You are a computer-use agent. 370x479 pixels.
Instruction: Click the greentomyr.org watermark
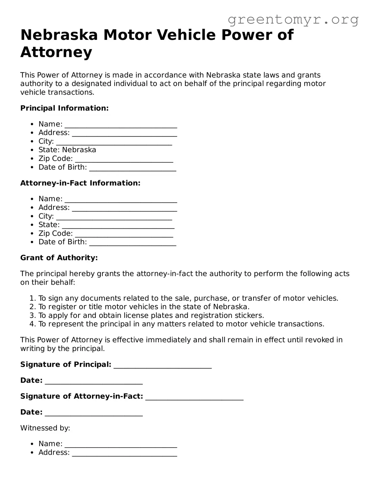pyautogui.click(x=293, y=20)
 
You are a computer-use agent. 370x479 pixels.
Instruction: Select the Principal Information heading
pyautogui.click(x=64, y=108)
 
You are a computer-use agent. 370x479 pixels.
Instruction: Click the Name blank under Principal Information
pyautogui.click(x=121, y=125)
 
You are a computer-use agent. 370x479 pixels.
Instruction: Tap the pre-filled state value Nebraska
pyautogui.click(x=79, y=150)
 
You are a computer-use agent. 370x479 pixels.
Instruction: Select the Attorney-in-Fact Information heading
pyautogui.click(x=80, y=183)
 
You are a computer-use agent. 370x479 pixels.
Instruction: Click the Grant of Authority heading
pyautogui.click(x=59, y=258)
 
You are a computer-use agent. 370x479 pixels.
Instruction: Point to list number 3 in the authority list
pyautogui.click(x=32, y=315)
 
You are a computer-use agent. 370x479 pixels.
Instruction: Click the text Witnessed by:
pyautogui.click(x=45, y=428)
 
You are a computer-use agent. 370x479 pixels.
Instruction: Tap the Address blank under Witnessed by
pyautogui.click(x=124, y=453)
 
